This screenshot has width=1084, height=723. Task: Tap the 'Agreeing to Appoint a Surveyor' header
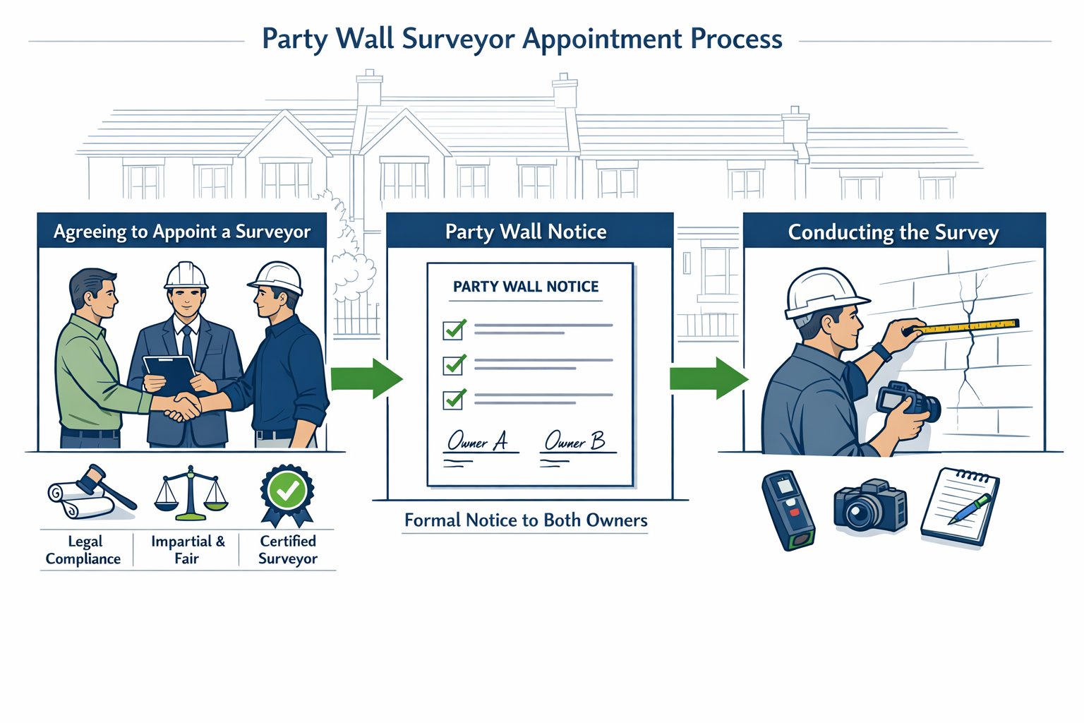182,232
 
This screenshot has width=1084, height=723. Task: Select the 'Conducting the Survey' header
893,232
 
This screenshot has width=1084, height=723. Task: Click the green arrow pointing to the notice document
366,378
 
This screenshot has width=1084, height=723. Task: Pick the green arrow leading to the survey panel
708,378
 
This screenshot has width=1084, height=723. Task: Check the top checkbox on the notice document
453,330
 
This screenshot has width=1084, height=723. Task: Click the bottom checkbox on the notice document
453,400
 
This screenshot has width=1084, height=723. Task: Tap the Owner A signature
478,441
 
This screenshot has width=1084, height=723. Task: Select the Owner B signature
574,441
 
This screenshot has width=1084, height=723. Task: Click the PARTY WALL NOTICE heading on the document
526,287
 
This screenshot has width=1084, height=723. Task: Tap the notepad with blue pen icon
959,506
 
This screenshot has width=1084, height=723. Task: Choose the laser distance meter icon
788,510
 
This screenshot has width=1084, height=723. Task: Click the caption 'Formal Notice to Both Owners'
526,520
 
